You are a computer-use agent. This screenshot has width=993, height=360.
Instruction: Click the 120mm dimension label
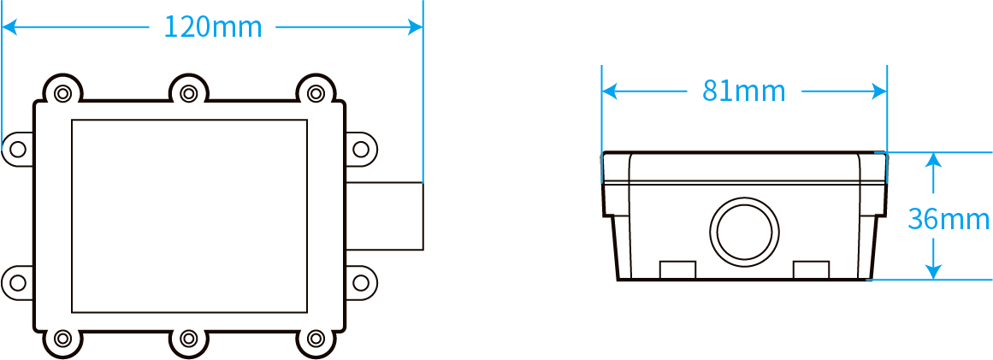click(x=213, y=27)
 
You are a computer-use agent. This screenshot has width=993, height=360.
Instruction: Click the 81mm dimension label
click(x=743, y=91)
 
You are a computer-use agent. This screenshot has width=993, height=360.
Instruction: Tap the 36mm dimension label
click(x=948, y=220)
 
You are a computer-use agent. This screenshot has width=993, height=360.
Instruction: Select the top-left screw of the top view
click(x=62, y=94)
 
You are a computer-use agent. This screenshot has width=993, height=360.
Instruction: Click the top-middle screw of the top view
click(x=188, y=94)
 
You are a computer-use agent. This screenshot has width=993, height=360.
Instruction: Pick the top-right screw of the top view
click(x=315, y=94)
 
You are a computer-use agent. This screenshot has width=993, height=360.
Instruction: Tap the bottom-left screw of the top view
click(x=62, y=339)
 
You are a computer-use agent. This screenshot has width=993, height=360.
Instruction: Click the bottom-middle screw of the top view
click(x=188, y=339)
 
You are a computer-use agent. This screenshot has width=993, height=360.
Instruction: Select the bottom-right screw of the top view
click(x=315, y=339)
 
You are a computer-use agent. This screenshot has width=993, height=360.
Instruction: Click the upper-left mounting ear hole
click(x=18, y=150)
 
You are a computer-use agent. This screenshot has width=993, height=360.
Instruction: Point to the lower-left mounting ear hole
click(x=18, y=282)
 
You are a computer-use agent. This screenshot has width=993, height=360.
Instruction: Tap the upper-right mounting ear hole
click(x=360, y=150)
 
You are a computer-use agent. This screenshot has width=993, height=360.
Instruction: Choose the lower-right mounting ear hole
click(x=360, y=282)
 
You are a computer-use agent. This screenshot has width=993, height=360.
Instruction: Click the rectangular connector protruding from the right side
click(x=384, y=215)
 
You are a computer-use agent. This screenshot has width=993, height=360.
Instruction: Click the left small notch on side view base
click(x=677, y=269)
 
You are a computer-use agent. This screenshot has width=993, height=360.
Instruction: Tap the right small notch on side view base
click(x=811, y=269)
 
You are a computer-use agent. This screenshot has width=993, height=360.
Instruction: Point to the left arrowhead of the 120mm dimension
click(x=9, y=27)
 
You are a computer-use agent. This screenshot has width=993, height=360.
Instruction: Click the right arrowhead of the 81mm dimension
click(x=879, y=91)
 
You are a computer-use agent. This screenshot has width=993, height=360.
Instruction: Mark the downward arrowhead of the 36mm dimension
click(x=933, y=271)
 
